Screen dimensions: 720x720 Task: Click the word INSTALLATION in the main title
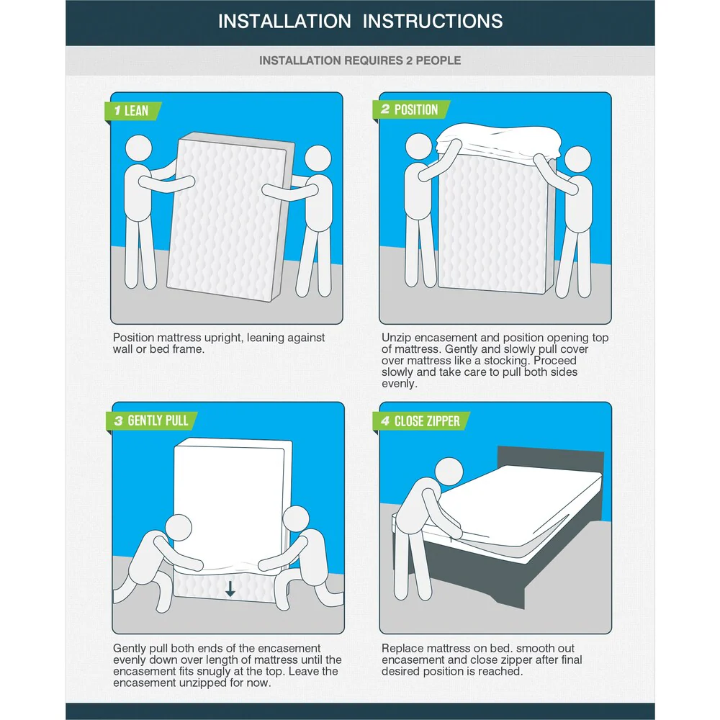click(284, 22)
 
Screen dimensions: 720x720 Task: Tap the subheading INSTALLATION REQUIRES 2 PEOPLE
click(360, 60)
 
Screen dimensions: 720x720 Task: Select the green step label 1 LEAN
click(132, 111)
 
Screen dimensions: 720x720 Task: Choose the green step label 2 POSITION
click(410, 109)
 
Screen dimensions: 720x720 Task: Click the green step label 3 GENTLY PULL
click(151, 420)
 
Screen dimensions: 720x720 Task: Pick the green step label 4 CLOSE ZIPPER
click(421, 421)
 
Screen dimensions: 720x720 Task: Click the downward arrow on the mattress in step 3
click(230, 588)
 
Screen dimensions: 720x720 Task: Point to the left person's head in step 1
click(138, 148)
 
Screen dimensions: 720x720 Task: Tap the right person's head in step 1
click(318, 159)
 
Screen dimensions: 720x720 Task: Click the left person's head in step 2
click(419, 147)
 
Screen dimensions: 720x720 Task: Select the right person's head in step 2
click(577, 160)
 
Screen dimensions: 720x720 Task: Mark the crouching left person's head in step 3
click(178, 528)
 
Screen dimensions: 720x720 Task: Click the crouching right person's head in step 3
click(296, 519)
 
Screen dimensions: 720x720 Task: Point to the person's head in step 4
click(449, 472)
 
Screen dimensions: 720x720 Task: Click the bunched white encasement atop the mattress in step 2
click(498, 140)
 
